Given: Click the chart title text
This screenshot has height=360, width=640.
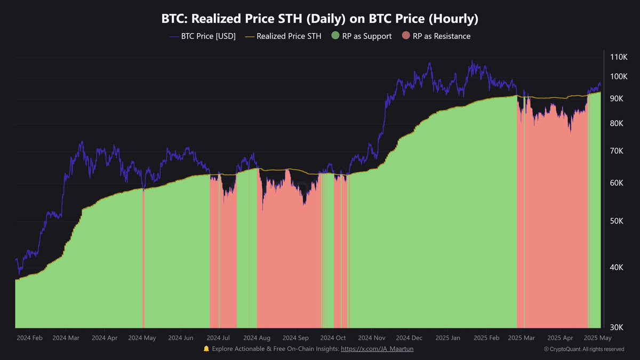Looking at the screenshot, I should coord(320,19).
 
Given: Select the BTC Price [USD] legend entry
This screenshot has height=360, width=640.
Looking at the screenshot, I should coord(203,36).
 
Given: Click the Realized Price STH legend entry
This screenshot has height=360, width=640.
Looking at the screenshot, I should coord(283,36).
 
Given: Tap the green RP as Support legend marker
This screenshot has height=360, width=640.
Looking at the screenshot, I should coord(335,36).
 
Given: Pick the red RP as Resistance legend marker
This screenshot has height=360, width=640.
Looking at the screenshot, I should coord(406,36).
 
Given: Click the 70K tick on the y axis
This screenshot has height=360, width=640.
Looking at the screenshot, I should coord(619,151).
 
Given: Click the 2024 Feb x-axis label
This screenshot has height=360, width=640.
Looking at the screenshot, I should coord(29,338).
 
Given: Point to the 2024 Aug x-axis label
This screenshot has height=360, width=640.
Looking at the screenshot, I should coord(257,338).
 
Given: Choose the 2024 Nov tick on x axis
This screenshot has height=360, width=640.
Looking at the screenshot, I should coord(372,338).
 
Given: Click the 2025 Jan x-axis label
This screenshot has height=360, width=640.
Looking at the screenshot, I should coord(448,338).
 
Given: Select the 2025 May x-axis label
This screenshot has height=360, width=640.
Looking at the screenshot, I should coord(597,338).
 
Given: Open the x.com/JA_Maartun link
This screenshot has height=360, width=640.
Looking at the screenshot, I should coord(377,349).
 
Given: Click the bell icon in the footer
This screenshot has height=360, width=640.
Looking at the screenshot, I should coord(206,349).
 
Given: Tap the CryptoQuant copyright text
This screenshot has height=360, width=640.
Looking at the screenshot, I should coord(584,349).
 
